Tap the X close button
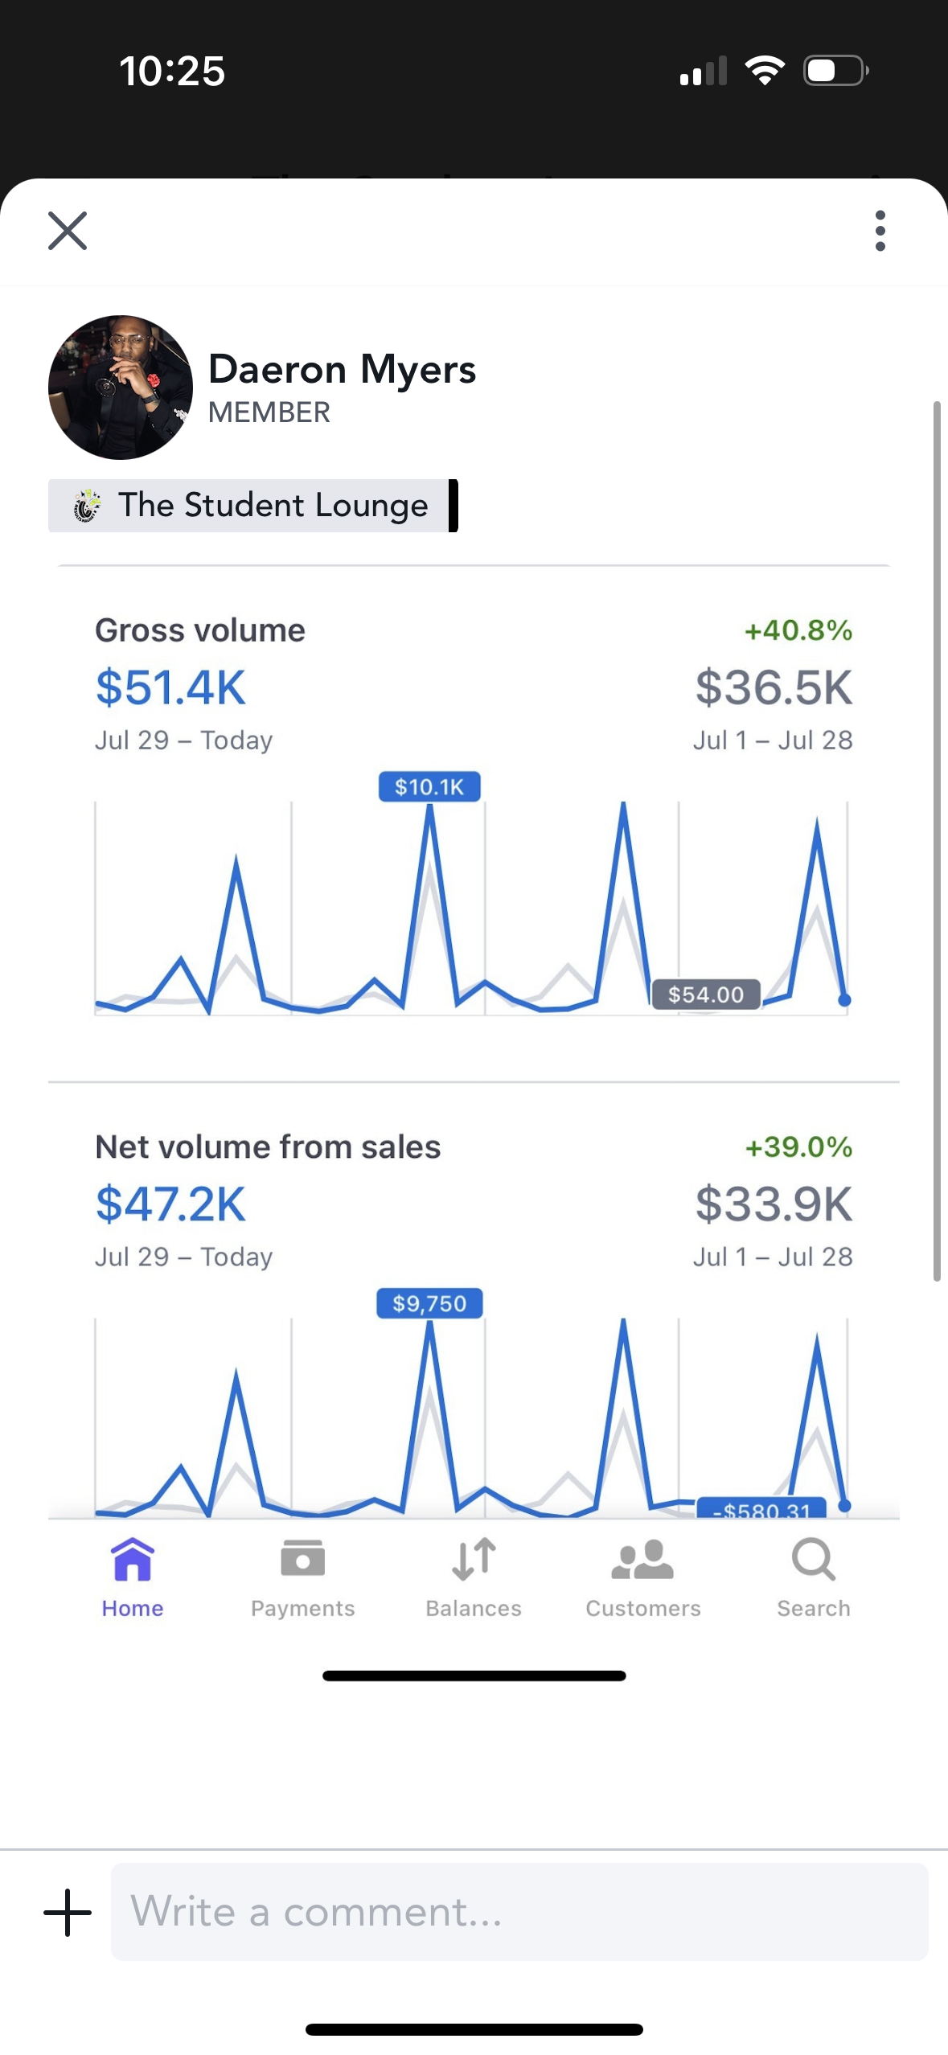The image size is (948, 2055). click(68, 231)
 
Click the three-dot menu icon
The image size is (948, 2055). click(880, 231)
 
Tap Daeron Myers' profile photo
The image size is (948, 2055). click(121, 388)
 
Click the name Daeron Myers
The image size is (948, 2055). click(342, 370)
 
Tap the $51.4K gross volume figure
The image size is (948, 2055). click(170, 688)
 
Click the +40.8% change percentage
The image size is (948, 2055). click(798, 630)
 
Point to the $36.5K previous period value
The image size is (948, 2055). click(774, 688)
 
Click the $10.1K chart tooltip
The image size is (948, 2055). click(429, 786)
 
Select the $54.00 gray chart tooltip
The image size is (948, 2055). click(706, 995)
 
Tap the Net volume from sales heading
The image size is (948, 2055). click(268, 1147)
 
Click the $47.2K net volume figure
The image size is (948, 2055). click(170, 1204)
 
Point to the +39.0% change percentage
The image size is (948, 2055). click(798, 1147)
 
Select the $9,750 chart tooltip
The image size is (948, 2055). click(429, 1303)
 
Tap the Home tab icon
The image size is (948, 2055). click(133, 1560)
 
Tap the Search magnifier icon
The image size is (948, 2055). click(814, 1560)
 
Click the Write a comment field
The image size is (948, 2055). click(519, 1912)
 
